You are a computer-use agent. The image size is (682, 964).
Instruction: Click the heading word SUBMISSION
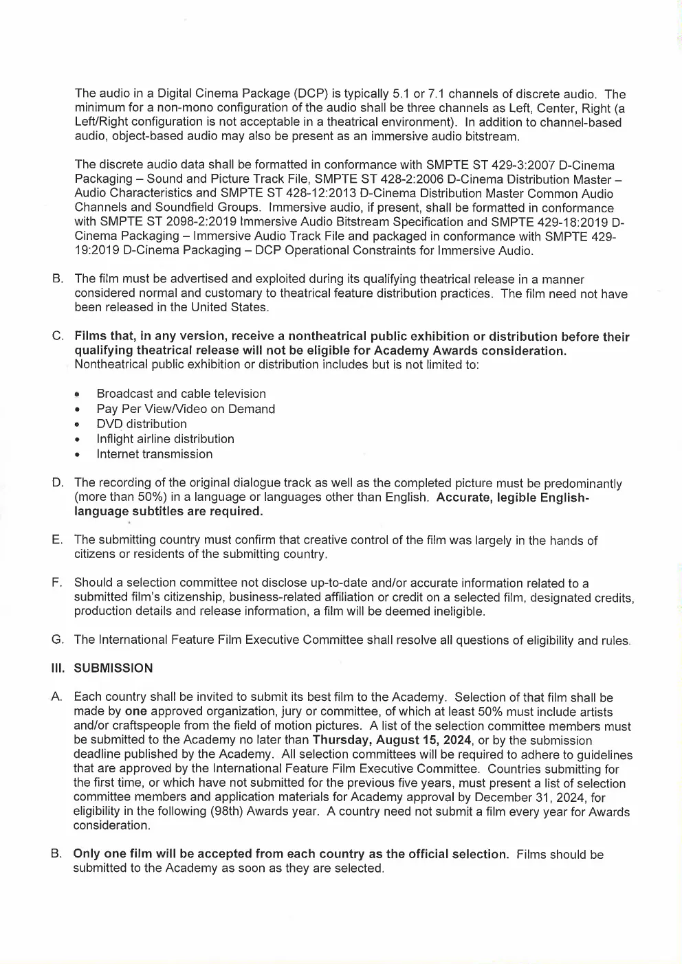click(x=113, y=668)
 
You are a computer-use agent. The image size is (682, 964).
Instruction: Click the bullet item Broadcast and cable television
click(x=181, y=394)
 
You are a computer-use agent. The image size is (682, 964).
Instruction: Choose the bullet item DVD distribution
click(x=142, y=424)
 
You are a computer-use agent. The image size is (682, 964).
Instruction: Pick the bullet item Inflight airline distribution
click(x=165, y=439)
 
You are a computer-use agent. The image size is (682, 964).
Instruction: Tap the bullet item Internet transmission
click(x=155, y=454)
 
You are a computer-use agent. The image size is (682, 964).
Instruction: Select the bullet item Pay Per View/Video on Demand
click(x=186, y=409)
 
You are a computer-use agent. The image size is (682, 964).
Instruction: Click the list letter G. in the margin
click(x=58, y=640)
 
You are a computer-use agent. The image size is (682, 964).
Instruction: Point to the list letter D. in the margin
click(x=58, y=483)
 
